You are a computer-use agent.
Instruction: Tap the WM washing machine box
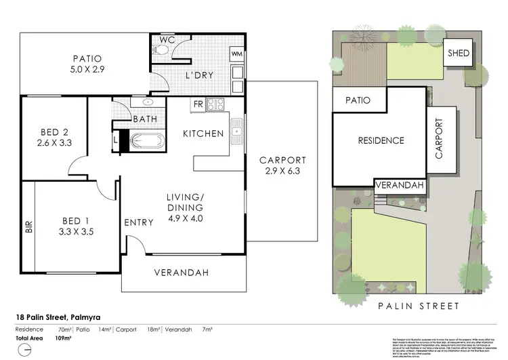click(x=237, y=53)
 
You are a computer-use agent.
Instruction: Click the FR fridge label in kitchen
click(x=198, y=104)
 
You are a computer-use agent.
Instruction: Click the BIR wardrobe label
click(x=28, y=229)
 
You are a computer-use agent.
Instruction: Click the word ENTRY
click(x=137, y=222)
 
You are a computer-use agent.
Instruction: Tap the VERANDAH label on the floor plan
click(x=180, y=273)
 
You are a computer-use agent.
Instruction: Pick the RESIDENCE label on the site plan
click(x=381, y=141)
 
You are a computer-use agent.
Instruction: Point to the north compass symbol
click(x=24, y=350)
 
